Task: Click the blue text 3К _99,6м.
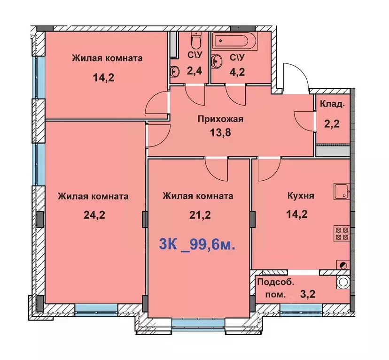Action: click(x=197, y=245)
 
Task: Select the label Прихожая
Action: click(x=220, y=119)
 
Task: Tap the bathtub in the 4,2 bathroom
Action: click(x=234, y=41)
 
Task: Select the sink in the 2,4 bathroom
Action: click(x=175, y=71)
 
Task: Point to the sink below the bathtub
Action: click(x=218, y=61)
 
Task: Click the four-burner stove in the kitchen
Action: click(x=341, y=233)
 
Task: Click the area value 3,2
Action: click(x=308, y=295)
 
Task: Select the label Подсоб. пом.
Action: click(x=272, y=289)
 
